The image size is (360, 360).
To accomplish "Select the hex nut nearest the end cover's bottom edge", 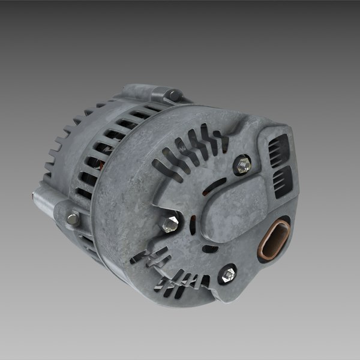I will (227, 275).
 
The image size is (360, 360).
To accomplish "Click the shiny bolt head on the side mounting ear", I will (73, 219).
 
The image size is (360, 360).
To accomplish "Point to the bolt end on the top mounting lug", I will (174, 95).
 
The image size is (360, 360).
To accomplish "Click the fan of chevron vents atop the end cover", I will (192, 147).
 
